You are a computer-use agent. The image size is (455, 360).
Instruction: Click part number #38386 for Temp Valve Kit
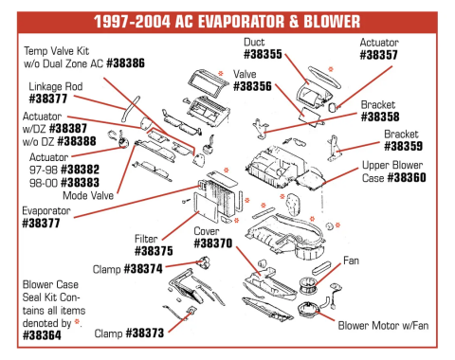(x=125, y=63)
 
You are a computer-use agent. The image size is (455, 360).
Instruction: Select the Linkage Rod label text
(x=54, y=84)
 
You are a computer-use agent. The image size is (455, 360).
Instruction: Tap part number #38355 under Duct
(x=262, y=55)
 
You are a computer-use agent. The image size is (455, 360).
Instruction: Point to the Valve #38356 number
(x=252, y=85)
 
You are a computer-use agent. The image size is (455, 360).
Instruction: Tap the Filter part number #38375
(x=154, y=251)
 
